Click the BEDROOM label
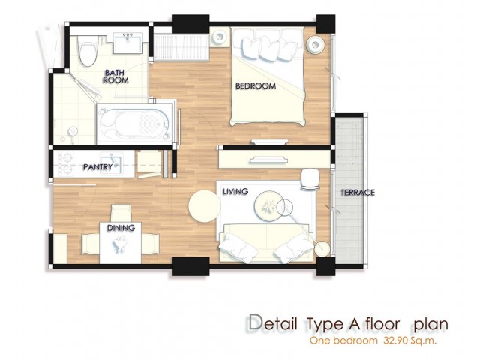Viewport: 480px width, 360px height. coord(256,85)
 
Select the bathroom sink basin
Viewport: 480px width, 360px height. coord(127,43)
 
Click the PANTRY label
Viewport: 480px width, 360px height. coord(98,167)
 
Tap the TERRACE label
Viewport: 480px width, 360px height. coord(358,193)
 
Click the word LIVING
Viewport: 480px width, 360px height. coord(235,192)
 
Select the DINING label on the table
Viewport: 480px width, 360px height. coord(121,228)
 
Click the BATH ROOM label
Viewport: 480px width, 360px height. coord(115,76)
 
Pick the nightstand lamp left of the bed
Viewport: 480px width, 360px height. coord(220,37)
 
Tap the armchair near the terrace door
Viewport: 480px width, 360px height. coord(310,180)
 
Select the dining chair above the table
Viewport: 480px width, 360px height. coord(121,213)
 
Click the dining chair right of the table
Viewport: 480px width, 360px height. coord(150,244)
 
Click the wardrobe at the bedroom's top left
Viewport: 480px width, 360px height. coord(181,46)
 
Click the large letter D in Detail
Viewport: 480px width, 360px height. coord(256,323)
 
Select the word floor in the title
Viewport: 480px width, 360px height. coord(382,323)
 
